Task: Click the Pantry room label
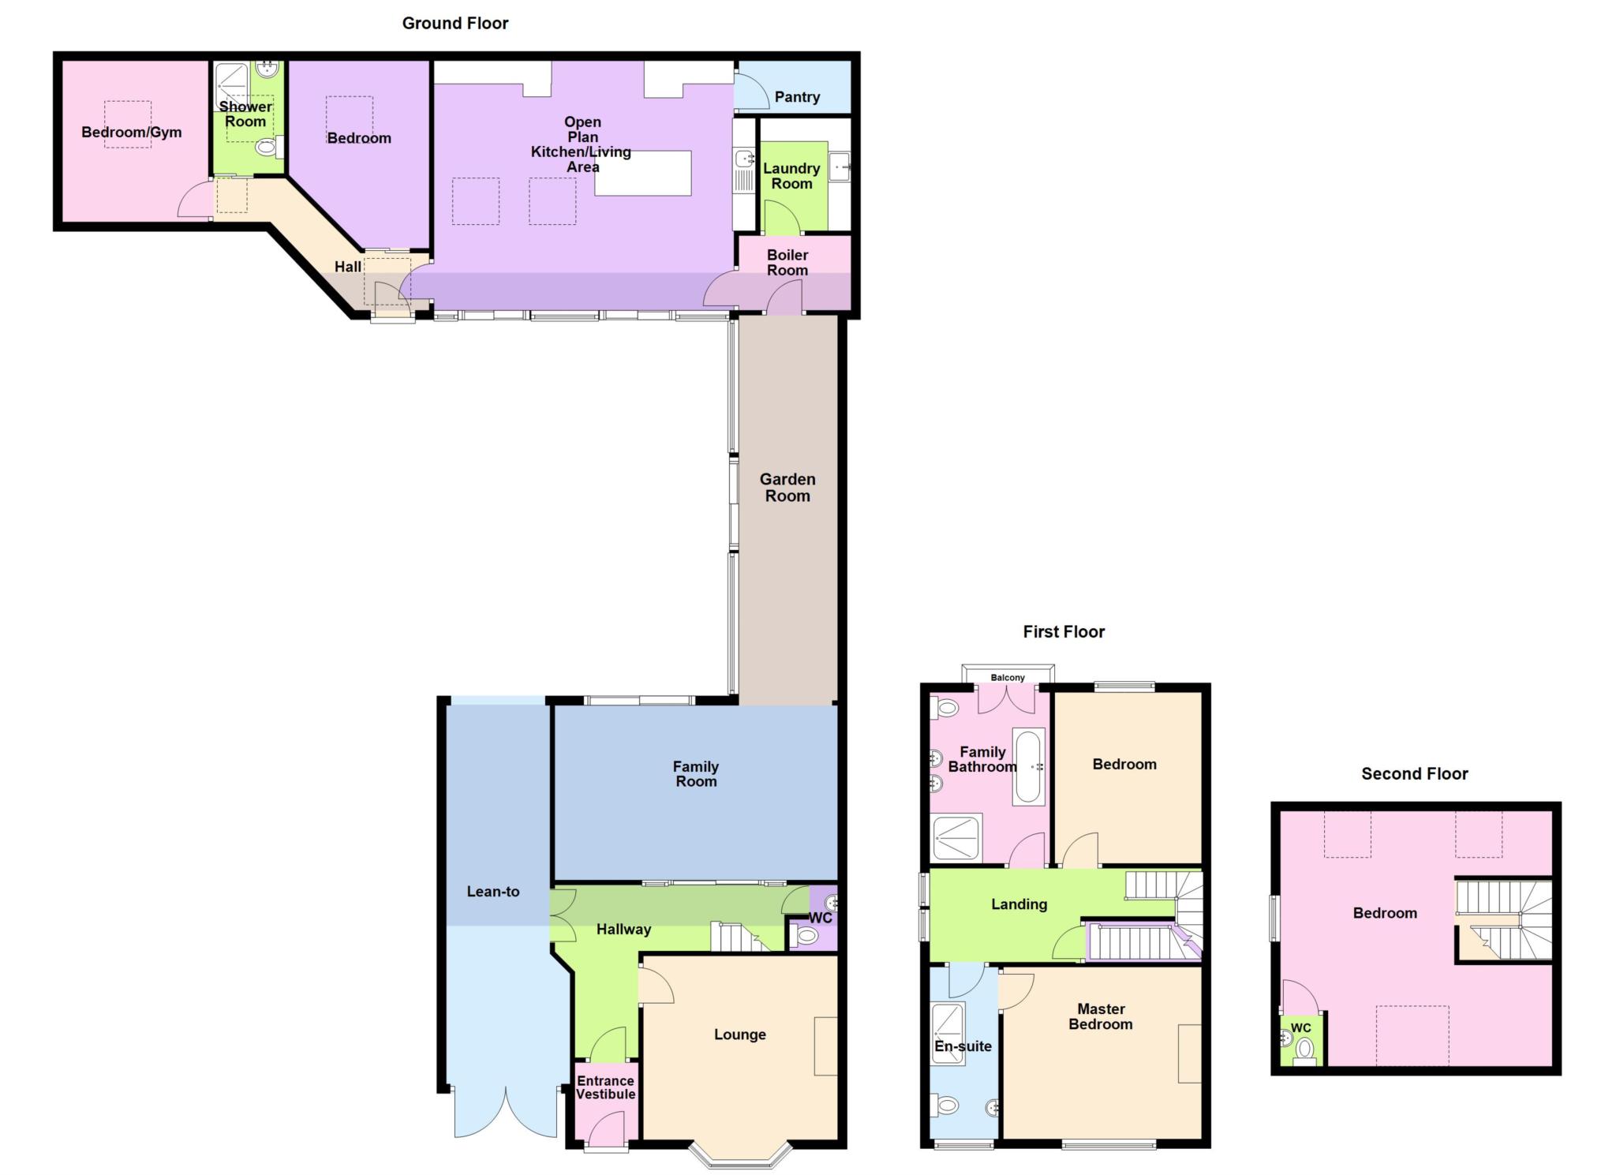tap(797, 97)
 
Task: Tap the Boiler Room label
tap(787, 263)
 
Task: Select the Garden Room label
tap(787, 488)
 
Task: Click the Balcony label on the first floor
tap(1008, 678)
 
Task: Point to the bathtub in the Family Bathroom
tap(1028, 766)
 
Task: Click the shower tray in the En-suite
tap(948, 1034)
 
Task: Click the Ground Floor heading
tap(455, 24)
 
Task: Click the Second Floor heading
tap(1414, 774)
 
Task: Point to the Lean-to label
tap(493, 892)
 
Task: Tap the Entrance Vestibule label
tap(605, 1087)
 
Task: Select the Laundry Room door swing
tap(781, 218)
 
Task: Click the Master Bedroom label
tap(1101, 1016)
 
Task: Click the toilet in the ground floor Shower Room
tap(267, 147)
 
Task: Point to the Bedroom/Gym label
tap(132, 133)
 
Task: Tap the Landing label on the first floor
tap(1019, 904)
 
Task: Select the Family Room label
tap(695, 774)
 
